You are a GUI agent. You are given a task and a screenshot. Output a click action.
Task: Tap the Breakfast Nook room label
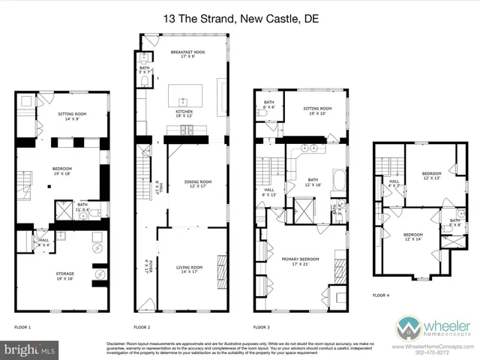coord(187,54)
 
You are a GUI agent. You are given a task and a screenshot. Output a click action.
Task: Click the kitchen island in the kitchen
coord(182,95)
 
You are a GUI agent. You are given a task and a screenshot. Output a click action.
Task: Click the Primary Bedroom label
coord(300,262)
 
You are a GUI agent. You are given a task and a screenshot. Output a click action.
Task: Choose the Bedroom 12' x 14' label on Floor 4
coord(413,237)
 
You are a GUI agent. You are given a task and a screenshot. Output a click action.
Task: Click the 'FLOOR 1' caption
coord(23,328)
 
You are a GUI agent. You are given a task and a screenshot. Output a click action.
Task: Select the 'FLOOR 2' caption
coord(142,328)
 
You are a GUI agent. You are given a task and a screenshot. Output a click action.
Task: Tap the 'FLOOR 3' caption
coord(261,328)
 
